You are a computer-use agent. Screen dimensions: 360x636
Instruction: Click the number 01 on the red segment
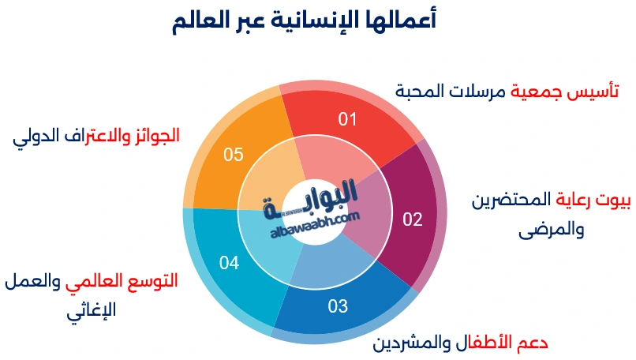(x=348, y=120)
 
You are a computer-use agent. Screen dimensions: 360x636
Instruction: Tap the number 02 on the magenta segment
(x=413, y=219)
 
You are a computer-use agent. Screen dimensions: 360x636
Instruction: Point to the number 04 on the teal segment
(x=229, y=263)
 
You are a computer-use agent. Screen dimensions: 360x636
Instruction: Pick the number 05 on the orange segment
(x=233, y=155)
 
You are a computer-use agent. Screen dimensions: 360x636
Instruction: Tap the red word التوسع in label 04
(x=155, y=280)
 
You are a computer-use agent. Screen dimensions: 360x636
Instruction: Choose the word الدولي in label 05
(x=35, y=135)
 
